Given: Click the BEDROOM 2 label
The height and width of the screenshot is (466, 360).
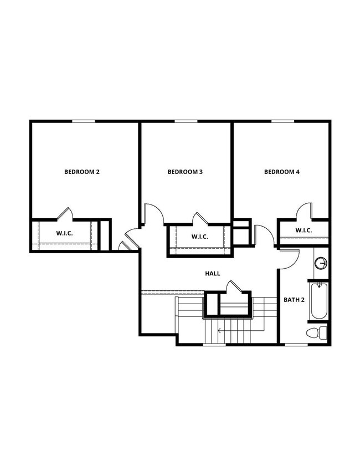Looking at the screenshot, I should (x=82, y=172).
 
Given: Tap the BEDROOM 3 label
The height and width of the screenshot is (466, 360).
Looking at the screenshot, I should (x=185, y=172).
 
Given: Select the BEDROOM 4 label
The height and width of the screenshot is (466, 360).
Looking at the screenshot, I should (x=281, y=172).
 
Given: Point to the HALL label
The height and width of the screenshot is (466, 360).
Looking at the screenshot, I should (x=213, y=273).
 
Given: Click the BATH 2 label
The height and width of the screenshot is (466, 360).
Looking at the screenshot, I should (x=294, y=300).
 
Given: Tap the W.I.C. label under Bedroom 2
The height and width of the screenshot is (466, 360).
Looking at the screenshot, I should (x=65, y=233).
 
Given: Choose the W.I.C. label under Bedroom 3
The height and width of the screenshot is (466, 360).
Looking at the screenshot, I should (x=199, y=237).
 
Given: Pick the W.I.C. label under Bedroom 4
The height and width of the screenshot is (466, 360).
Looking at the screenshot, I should (x=304, y=230).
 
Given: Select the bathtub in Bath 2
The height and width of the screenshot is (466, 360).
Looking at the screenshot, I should (x=319, y=301).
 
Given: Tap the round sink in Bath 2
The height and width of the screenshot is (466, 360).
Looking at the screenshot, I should (x=320, y=263).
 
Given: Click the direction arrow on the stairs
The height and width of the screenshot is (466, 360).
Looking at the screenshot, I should (x=220, y=331).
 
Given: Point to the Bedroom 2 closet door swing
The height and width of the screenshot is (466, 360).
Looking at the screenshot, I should (x=65, y=213).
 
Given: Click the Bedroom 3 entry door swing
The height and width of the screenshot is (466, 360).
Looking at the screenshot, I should (x=153, y=214).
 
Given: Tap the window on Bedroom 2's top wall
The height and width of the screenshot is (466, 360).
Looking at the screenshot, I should (x=83, y=121).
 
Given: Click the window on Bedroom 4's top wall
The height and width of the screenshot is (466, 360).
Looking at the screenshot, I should (x=282, y=121).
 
